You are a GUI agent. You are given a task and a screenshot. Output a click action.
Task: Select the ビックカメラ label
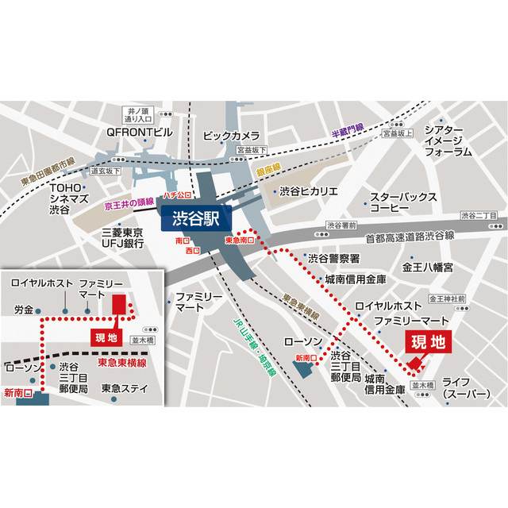coord(231,136)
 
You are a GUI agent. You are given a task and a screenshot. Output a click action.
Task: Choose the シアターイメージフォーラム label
coord(448,140)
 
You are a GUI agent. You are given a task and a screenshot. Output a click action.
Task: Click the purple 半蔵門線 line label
coord(348,129)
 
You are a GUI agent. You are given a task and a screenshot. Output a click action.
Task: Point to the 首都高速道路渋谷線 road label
coord(410,236)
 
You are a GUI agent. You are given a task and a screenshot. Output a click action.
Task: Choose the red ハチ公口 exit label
coord(179,193)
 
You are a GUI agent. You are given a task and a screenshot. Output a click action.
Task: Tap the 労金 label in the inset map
coord(24,309)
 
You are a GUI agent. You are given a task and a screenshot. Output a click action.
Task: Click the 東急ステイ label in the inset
coord(125,388)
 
